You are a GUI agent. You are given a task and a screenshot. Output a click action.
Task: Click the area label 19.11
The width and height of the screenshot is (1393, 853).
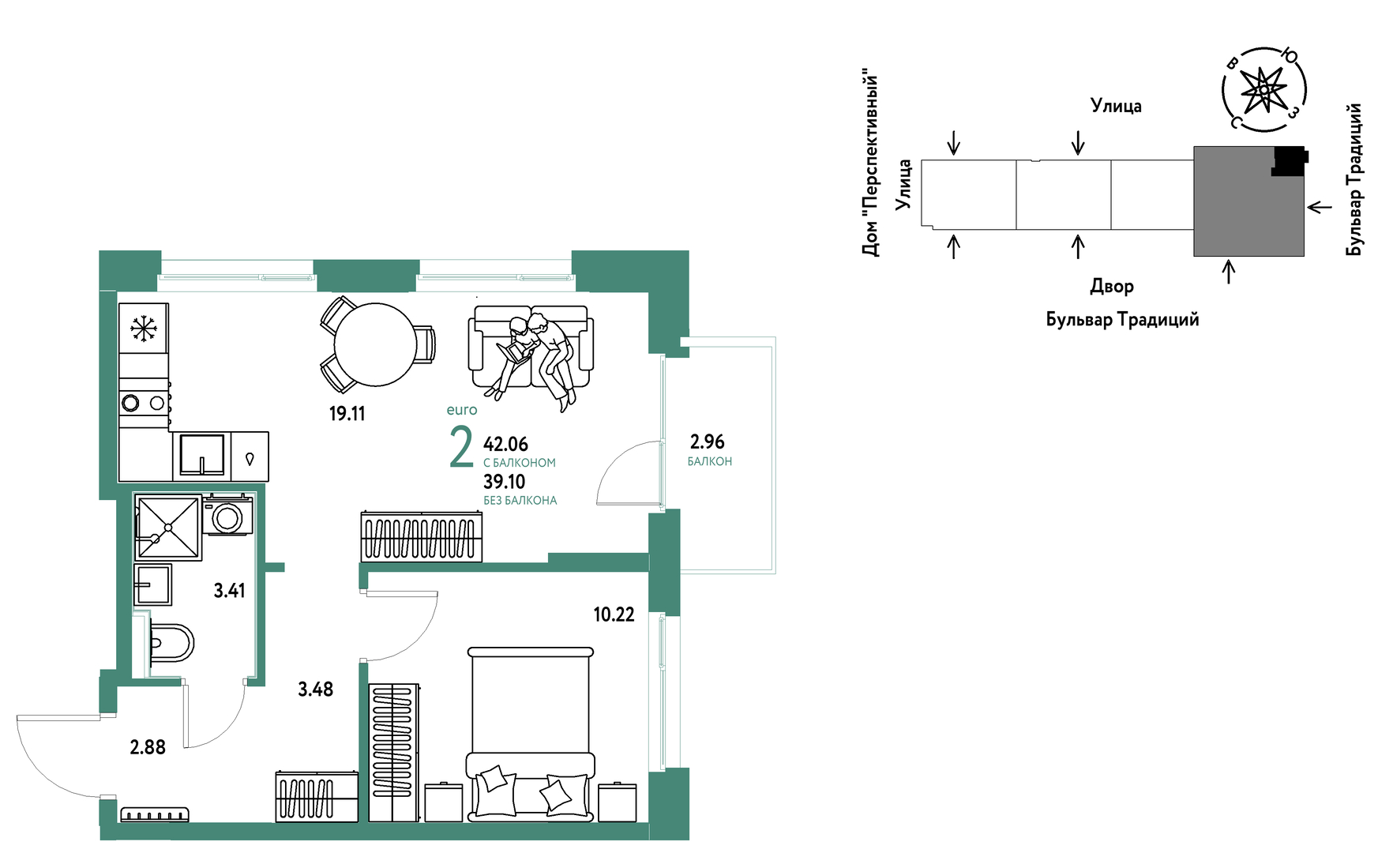tap(347, 413)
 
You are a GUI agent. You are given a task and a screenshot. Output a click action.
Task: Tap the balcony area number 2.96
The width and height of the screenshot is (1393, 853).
tap(707, 442)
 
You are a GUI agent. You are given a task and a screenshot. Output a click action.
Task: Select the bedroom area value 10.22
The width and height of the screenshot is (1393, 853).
tap(614, 614)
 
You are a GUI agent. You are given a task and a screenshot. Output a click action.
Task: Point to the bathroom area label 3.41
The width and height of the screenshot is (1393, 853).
tap(229, 590)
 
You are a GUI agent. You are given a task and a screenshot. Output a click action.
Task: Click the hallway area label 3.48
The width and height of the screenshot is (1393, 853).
tap(315, 690)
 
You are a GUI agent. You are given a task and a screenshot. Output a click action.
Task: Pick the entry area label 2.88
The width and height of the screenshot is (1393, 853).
tap(148, 747)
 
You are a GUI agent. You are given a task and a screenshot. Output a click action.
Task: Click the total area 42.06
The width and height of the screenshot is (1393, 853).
tap(505, 445)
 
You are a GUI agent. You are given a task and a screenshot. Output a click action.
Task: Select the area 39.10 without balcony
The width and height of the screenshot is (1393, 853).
tap(504, 482)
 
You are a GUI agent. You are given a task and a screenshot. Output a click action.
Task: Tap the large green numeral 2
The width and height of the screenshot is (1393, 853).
tap(461, 446)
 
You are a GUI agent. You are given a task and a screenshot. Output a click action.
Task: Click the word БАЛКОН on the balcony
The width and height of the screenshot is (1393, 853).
tap(709, 461)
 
